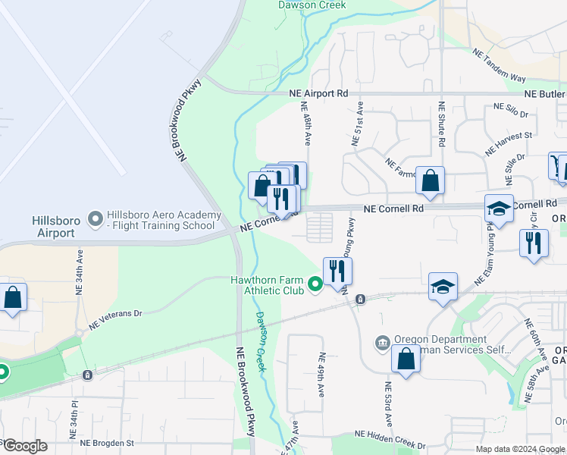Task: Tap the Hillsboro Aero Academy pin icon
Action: coord(96,220)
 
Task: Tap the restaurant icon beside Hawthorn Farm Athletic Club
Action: coord(337,270)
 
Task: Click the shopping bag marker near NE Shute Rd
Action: coord(430,180)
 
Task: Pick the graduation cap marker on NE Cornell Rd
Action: coord(500,208)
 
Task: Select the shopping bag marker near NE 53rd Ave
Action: coord(406,358)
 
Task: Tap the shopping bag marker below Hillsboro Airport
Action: coord(13,297)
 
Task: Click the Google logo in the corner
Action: coord(24,445)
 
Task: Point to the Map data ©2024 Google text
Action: coord(520,449)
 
